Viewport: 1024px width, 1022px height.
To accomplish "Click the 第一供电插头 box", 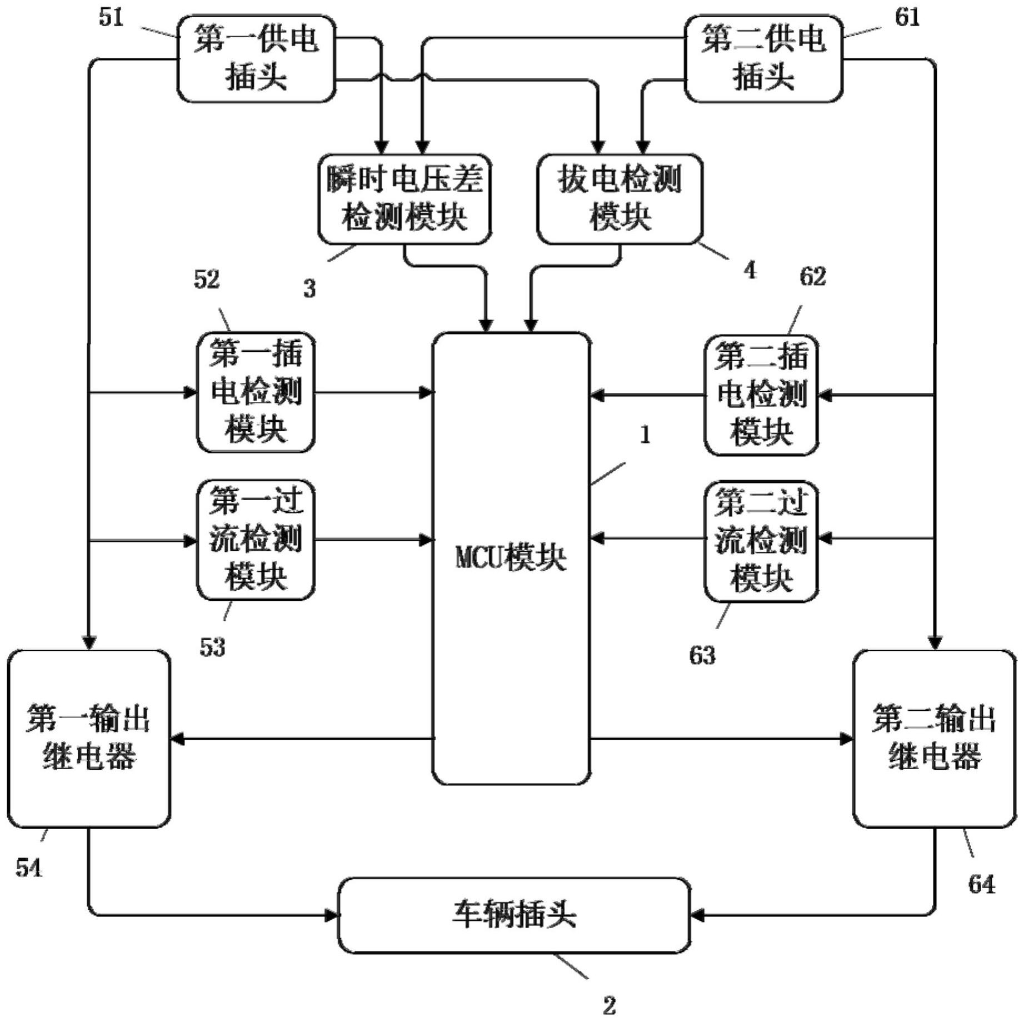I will coord(256,58).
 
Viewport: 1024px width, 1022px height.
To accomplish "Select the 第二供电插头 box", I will coord(763,58).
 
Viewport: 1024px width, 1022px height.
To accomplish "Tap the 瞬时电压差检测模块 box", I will coord(404,199).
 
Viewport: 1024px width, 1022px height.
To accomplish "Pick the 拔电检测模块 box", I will coord(620,199).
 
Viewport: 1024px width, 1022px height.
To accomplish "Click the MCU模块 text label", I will coord(511,557).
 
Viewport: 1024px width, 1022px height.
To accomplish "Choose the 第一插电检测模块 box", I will coord(256,392).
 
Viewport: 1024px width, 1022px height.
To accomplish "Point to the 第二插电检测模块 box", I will coord(761,395).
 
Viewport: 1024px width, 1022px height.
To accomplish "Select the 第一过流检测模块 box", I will coord(256,540).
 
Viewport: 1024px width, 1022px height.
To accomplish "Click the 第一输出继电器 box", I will coord(89,738).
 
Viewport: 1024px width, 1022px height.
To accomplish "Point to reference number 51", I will coord(111,18).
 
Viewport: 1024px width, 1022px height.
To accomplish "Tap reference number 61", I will coord(907,18).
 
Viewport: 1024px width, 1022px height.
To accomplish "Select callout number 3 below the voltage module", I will coord(309,288).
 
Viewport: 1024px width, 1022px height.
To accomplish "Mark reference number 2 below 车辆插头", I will coord(610,1005).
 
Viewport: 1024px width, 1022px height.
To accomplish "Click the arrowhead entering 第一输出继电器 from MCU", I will coord(177,739).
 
